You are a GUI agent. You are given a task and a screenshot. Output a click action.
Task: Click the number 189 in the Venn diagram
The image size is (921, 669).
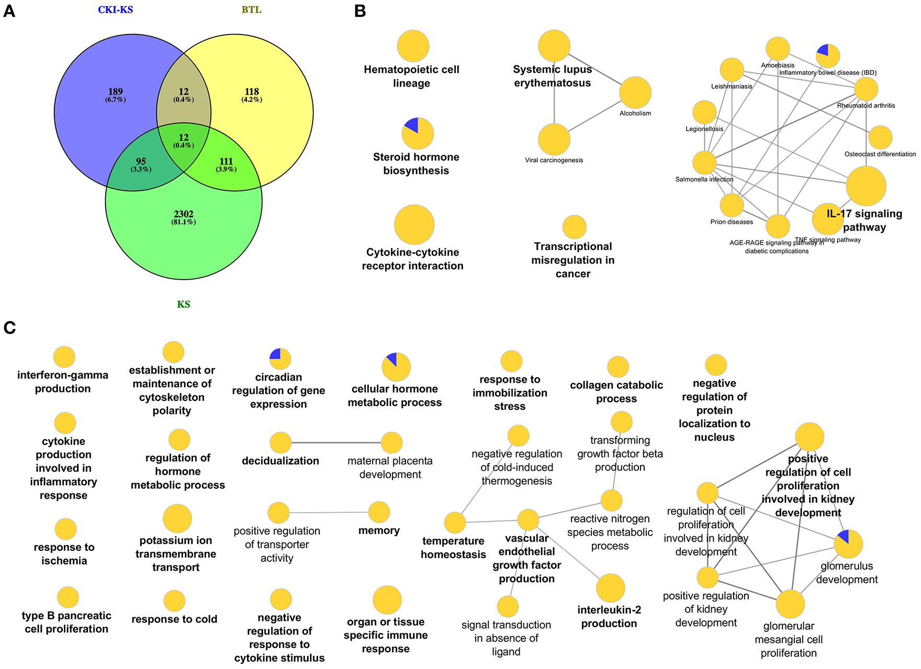click(x=115, y=91)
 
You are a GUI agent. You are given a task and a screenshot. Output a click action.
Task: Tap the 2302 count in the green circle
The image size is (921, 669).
click(x=184, y=214)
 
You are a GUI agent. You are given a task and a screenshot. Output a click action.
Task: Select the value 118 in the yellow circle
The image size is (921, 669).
click(x=252, y=91)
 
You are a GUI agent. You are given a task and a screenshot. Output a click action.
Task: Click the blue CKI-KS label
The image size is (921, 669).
click(x=116, y=10)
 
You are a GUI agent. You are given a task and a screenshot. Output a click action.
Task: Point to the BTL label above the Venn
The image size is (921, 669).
click(x=251, y=10)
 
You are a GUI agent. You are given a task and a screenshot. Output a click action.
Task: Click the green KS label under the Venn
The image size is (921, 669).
click(x=183, y=304)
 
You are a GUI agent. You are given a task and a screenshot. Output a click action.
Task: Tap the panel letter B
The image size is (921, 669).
click(x=360, y=11)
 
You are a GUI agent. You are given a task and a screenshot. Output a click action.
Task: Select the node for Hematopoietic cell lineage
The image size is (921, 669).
click(x=413, y=46)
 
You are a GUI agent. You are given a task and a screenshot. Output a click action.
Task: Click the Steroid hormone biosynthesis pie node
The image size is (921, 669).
click(x=417, y=133)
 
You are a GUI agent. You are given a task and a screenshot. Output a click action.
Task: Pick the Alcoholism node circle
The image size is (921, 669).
click(x=635, y=93)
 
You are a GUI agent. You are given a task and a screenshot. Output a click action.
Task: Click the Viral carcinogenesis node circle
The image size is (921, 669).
click(x=554, y=140)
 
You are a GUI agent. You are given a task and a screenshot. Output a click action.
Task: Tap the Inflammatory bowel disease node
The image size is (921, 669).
click(x=828, y=56)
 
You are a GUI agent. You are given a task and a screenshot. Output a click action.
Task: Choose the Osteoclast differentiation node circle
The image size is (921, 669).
click(x=880, y=137)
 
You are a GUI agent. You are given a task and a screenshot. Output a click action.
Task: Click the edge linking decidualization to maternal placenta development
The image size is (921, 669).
click(x=336, y=443)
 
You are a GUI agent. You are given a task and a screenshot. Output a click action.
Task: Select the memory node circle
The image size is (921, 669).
click(x=379, y=512)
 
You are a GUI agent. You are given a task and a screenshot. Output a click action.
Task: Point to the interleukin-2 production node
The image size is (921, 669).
click(x=610, y=588)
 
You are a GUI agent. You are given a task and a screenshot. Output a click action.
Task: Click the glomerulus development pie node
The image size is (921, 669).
click(x=848, y=544)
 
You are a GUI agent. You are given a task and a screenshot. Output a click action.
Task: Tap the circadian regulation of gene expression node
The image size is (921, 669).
click(x=280, y=359)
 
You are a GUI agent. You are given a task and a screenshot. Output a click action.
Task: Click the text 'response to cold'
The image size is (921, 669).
click(x=174, y=619)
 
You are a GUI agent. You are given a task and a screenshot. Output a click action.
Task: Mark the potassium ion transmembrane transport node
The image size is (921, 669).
click(x=177, y=518)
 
